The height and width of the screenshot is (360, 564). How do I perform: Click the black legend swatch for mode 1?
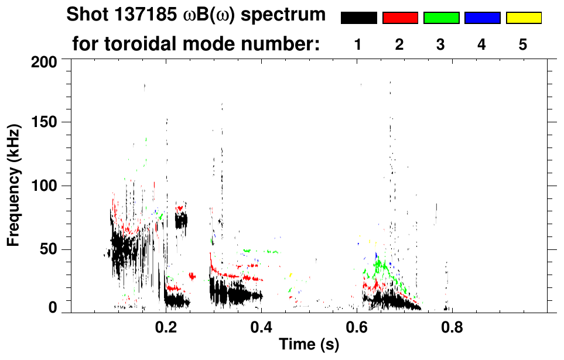(358, 18)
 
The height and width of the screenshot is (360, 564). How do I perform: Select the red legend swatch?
(400, 18)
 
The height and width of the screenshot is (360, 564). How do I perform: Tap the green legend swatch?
(441, 18)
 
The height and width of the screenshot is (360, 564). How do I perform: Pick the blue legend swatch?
(482, 18)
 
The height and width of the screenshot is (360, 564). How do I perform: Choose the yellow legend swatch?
(523, 18)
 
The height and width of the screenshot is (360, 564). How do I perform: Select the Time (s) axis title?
(309, 345)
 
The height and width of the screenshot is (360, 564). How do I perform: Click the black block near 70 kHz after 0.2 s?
(181, 221)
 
